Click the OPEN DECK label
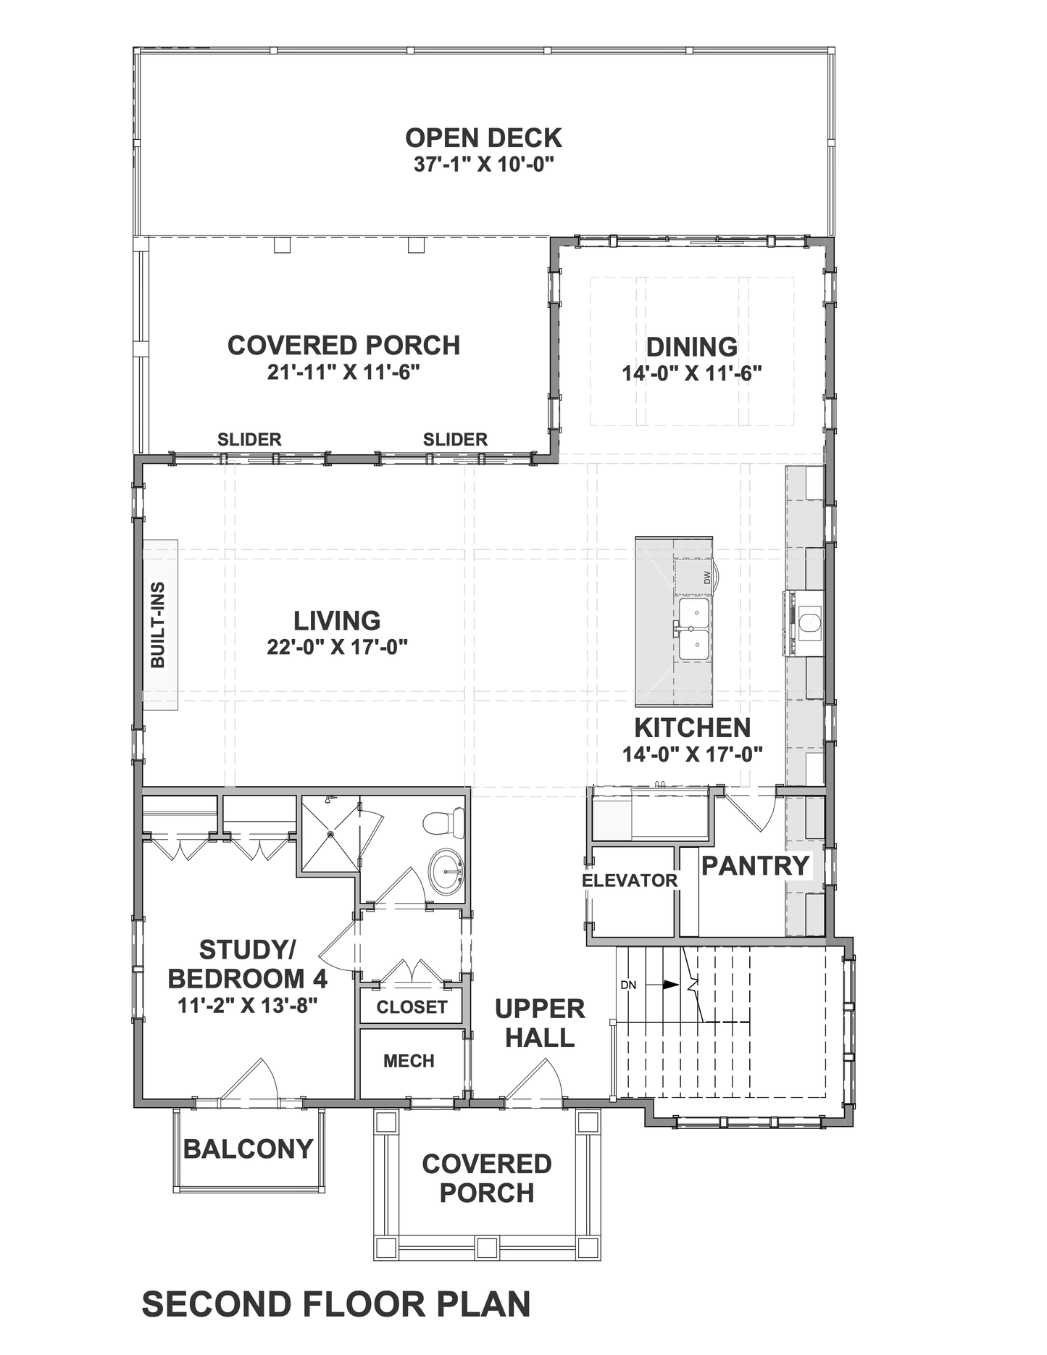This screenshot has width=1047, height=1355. [x=483, y=138]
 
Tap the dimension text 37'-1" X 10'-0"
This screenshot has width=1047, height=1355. [x=483, y=164]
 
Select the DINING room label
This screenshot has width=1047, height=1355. [x=692, y=346]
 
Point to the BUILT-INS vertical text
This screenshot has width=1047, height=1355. [x=158, y=625]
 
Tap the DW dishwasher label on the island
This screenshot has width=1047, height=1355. [x=707, y=578]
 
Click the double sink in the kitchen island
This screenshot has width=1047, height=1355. [x=693, y=628]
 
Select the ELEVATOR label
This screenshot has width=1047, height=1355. [x=630, y=880]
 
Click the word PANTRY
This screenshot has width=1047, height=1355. [x=755, y=865]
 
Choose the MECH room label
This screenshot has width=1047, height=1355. [x=409, y=1061]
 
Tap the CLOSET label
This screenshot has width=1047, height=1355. [x=412, y=1006]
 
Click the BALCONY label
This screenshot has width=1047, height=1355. [x=248, y=1148]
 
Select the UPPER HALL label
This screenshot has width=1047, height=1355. [x=540, y=1023]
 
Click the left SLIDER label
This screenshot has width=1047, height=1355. [x=249, y=439]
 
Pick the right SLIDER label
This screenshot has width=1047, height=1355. [x=455, y=439]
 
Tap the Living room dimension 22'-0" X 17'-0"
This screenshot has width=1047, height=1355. [x=337, y=646]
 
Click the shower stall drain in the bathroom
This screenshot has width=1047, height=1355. [x=330, y=834]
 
